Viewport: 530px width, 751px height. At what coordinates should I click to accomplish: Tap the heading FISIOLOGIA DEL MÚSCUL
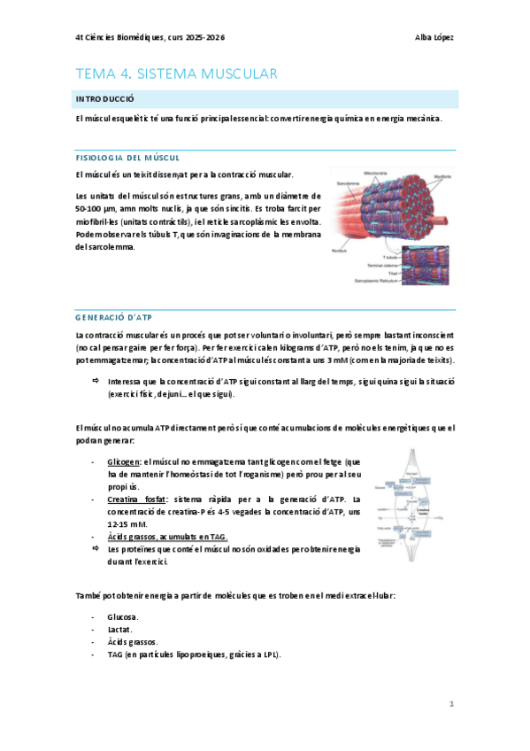127,157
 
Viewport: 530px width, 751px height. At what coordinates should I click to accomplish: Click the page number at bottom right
450,704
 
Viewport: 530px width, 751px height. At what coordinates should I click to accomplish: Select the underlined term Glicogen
122,462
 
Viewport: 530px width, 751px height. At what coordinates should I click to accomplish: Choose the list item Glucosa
123,616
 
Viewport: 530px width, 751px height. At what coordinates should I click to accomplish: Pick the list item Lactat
119,629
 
